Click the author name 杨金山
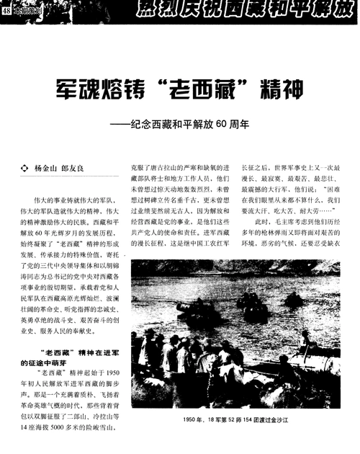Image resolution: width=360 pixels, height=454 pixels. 46,169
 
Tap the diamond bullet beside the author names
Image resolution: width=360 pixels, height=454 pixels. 26,169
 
